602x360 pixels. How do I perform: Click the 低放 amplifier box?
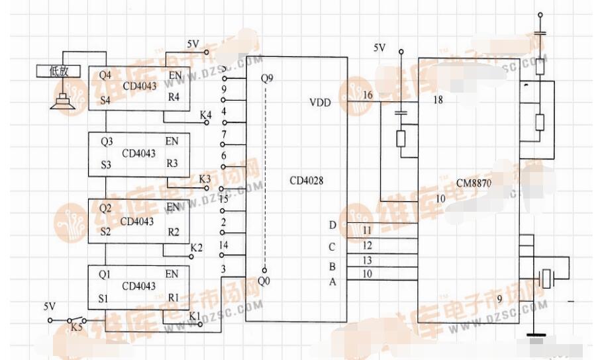pyautogui.click(x=59, y=71)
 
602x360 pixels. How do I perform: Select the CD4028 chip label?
pyautogui.click(x=306, y=180)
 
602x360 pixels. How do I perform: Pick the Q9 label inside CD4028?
pyautogui.click(x=267, y=78)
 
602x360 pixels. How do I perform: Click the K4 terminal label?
pyautogui.click(x=205, y=116)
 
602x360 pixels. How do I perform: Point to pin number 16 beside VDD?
pyautogui.click(x=368, y=97)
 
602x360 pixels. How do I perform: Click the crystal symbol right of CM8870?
pyautogui.click(x=546, y=279)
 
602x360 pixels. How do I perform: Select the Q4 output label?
pyautogui.click(x=105, y=75)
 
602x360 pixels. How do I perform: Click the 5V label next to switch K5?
pyautogui.click(x=50, y=307)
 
